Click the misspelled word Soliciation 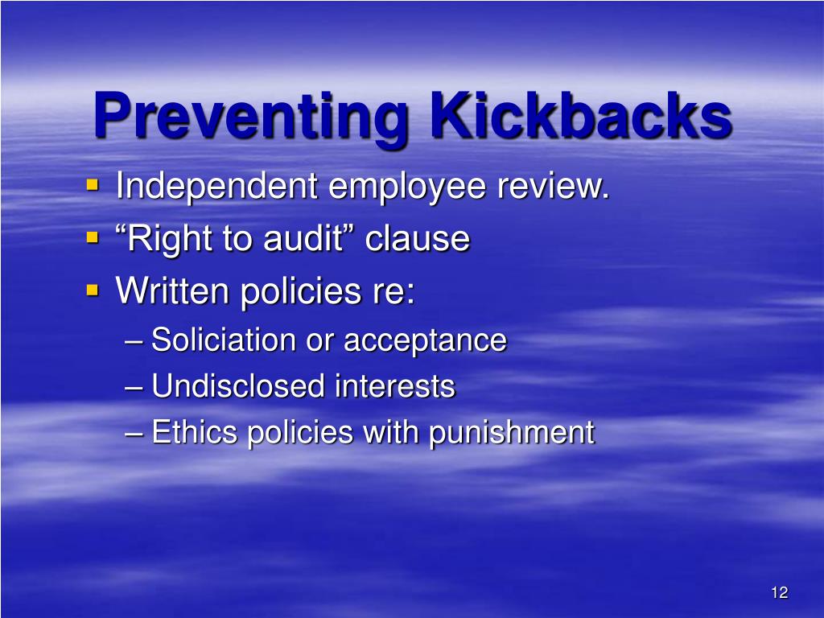[x=225, y=340]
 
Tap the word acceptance [x=425, y=341]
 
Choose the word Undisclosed [x=238, y=387]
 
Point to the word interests [x=395, y=387]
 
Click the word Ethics [x=195, y=433]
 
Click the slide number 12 [x=778, y=593]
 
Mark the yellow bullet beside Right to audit [x=93, y=237]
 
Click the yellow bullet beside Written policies [x=93, y=288]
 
